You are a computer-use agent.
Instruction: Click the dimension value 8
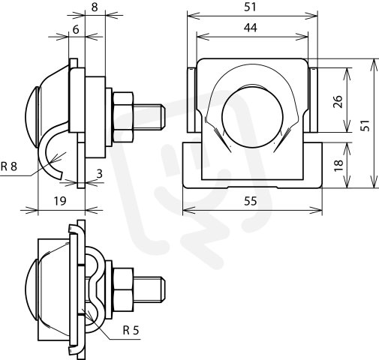tap(95, 7)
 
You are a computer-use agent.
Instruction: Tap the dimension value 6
tap(76, 29)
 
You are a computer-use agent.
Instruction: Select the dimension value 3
tap(100, 173)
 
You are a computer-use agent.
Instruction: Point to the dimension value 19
tap(60, 200)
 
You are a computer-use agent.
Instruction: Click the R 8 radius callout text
tap(9, 166)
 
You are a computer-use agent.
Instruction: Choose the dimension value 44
tap(251, 27)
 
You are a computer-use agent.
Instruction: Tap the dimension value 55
tap(250, 201)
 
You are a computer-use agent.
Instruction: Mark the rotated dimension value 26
tap(338, 101)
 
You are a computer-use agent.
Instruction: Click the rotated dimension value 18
tap(338, 165)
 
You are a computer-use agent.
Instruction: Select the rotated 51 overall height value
tap(365, 125)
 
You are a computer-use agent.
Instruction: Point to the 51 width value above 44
tap(251, 7)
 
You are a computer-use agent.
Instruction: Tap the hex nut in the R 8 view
tap(123, 118)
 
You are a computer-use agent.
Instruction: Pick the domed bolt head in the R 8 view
tap(32, 117)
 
